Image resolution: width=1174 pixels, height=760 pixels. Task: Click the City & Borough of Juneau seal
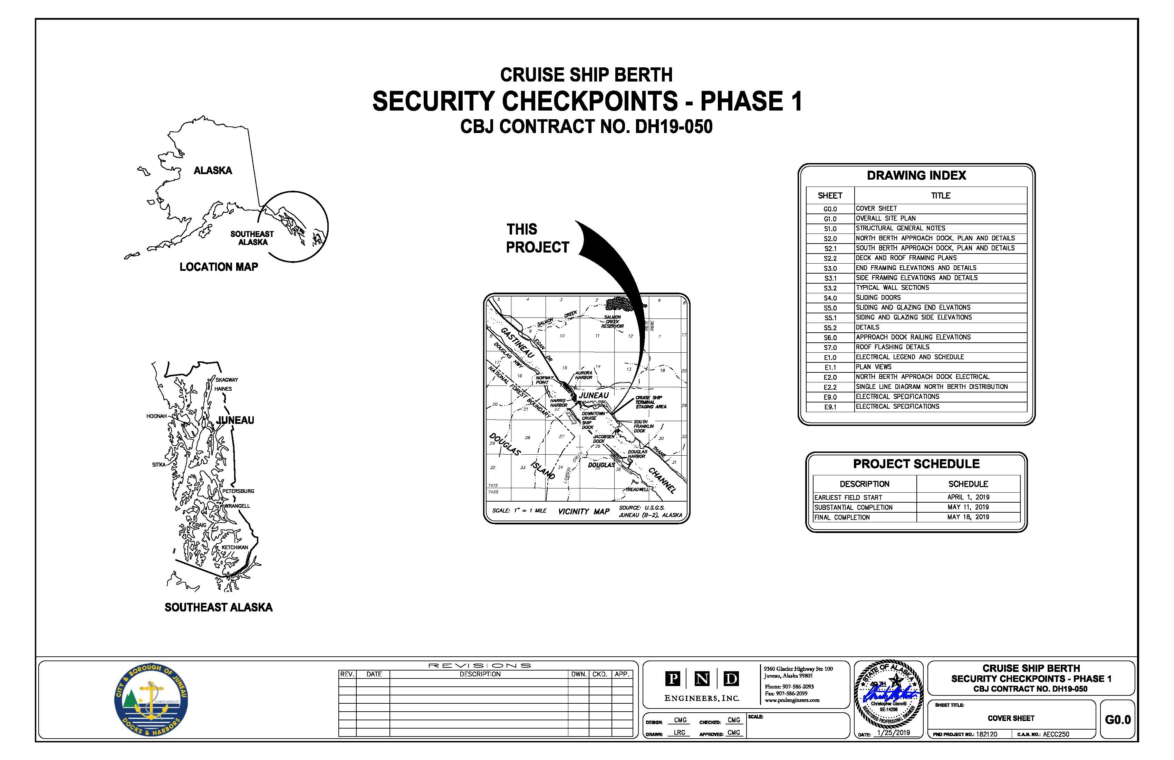point(151,700)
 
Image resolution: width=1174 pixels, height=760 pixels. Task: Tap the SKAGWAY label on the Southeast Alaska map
point(227,380)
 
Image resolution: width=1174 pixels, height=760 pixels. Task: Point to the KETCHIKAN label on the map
point(235,547)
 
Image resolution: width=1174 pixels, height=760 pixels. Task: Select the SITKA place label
point(159,464)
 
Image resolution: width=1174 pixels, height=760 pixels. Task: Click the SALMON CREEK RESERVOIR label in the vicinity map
point(612,322)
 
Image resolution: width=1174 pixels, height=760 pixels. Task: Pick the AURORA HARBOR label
point(584,375)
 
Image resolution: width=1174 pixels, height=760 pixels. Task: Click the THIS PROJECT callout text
point(537,238)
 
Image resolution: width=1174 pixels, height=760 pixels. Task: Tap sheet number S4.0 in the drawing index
point(830,298)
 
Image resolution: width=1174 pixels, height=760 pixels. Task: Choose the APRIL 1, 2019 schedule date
point(968,497)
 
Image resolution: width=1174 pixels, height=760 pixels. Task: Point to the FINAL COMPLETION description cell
point(842,517)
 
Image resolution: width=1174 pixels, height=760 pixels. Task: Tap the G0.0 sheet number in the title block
point(1118,720)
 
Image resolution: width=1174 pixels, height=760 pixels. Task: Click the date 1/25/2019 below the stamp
point(894,733)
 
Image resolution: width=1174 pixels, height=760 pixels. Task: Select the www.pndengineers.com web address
point(792,700)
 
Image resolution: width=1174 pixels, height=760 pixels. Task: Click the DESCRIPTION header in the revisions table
point(480,674)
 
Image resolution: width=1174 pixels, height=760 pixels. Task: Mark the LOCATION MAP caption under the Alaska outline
point(219,267)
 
